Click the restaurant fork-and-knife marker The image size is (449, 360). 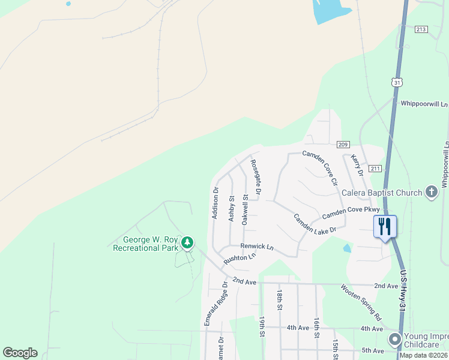(385, 226)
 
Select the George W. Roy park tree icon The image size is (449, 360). (188, 242)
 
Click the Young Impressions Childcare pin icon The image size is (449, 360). (394, 340)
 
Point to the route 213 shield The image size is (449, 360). (421, 29)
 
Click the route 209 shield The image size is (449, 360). (343, 144)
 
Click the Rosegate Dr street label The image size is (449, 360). (255, 178)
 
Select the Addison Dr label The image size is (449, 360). (215, 203)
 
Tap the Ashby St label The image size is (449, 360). (231, 208)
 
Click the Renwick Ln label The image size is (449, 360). (257, 247)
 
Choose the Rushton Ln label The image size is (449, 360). (240, 259)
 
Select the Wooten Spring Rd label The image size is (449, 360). (361, 301)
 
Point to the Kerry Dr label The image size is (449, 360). (357, 165)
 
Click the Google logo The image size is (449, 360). (20, 353)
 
